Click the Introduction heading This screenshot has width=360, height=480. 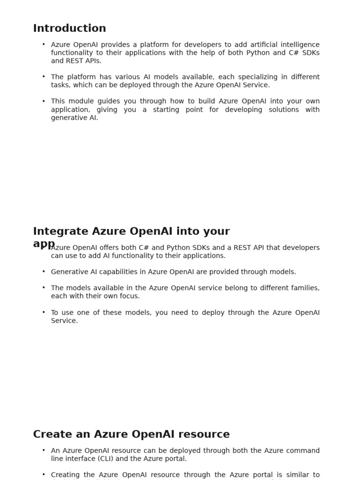[69, 29]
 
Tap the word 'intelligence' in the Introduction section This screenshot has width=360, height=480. [300, 45]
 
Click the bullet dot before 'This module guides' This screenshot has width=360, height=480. [44, 101]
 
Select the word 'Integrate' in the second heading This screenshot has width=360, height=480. [60, 232]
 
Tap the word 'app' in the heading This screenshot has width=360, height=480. [44, 244]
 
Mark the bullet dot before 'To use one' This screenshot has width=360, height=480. [44, 312]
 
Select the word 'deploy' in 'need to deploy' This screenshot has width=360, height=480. [202, 313]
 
